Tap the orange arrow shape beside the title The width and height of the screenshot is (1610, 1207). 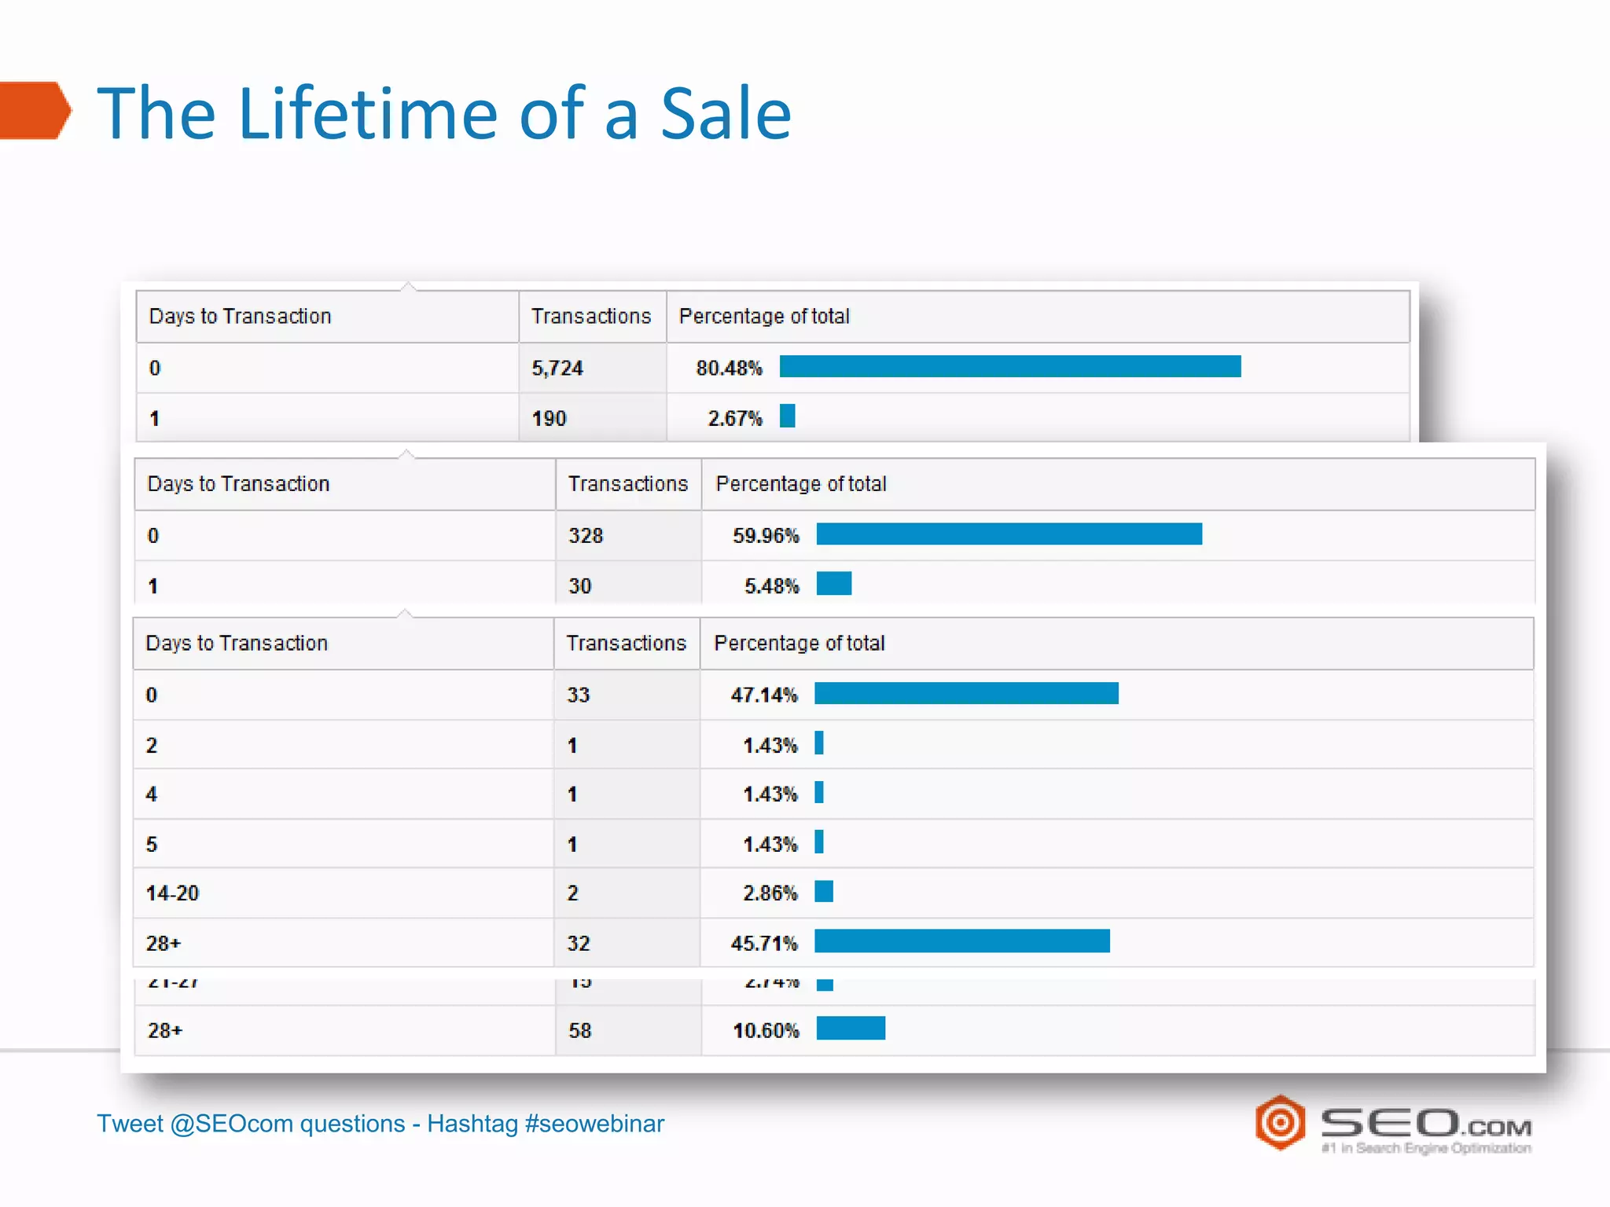35,111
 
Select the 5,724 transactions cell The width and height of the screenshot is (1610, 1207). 557,368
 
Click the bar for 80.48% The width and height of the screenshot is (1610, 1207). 1009,366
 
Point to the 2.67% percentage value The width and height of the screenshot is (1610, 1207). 734,418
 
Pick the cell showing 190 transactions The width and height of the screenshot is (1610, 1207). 549,418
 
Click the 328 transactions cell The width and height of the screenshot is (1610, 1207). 586,535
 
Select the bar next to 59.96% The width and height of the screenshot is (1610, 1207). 1009,534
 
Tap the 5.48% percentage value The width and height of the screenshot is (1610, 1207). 771,585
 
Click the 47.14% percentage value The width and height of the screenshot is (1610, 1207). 763,695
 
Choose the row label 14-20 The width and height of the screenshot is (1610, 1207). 172,893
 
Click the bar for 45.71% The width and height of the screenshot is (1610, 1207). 961,941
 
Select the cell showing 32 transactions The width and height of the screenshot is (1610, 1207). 578,943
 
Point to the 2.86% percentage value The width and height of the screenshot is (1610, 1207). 770,893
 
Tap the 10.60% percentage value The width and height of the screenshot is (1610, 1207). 766,1030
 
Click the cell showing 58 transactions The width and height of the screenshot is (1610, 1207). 579,1030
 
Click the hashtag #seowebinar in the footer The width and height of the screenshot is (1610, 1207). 594,1124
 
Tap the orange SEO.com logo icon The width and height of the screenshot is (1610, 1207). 1280,1122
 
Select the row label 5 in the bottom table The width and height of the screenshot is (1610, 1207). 152,844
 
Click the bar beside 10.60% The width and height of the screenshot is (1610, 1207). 851,1028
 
